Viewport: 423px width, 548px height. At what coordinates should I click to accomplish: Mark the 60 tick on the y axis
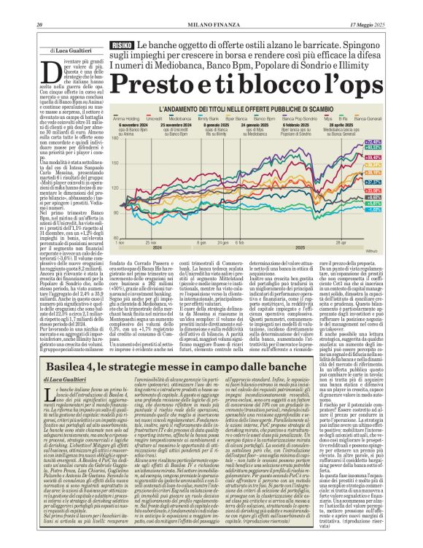tap(114, 237)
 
